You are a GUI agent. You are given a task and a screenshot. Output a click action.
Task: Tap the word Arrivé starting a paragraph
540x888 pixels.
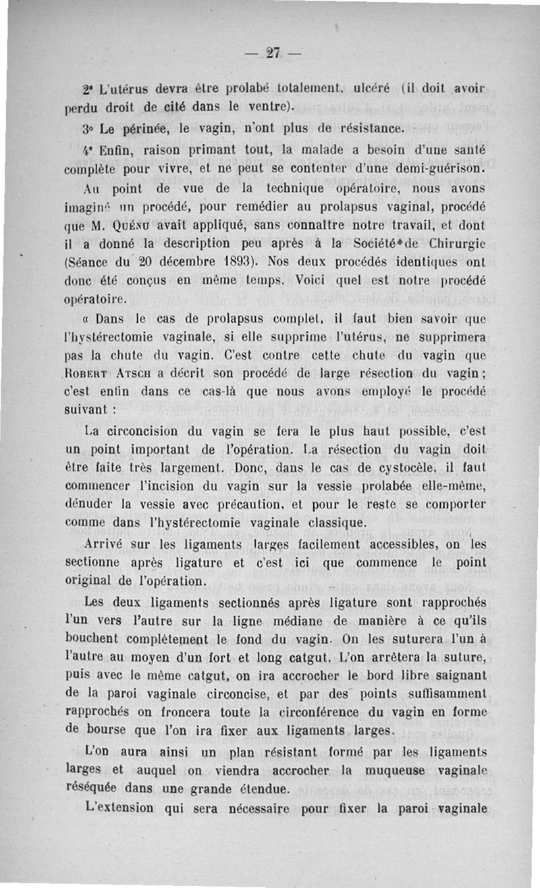tap(107, 545)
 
